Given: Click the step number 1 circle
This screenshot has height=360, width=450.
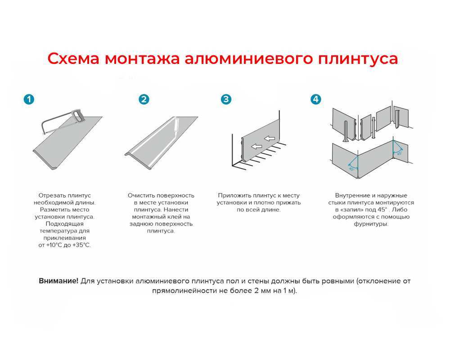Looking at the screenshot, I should [x=29, y=99].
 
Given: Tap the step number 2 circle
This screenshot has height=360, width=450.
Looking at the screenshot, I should [x=144, y=99].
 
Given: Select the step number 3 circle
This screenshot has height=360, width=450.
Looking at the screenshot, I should [x=226, y=99].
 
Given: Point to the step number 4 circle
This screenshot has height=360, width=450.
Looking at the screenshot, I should [x=316, y=99].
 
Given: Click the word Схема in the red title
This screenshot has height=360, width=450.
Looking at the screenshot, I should [x=73, y=59].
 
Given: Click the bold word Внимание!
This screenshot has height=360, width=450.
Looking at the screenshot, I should [x=58, y=281].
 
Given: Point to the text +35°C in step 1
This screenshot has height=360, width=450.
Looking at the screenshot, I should [x=81, y=245].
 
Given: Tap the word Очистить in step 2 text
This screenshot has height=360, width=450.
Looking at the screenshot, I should [x=142, y=195].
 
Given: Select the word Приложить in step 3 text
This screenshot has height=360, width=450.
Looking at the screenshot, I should [x=233, y=195].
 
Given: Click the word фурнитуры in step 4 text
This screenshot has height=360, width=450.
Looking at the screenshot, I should [x=371, y=224].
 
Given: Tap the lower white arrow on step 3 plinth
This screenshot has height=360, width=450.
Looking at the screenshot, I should [x=257, y=146].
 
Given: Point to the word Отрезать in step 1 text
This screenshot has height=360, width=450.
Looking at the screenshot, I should [x=52, y=195].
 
